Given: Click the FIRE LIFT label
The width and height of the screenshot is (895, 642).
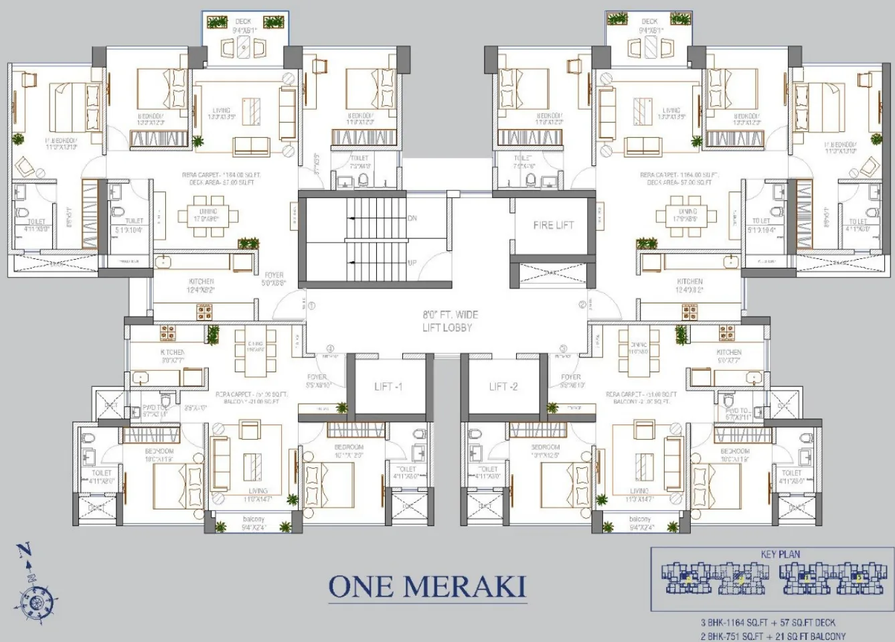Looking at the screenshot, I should tap(553, 225).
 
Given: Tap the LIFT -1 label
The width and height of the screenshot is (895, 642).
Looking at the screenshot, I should tap(388, 386).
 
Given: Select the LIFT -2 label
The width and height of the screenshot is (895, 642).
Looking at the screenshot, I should tap(503, 386).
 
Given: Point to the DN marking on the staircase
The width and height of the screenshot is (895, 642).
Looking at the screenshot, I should tap(412, 218).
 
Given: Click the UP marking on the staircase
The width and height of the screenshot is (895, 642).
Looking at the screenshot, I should tap(412, 262).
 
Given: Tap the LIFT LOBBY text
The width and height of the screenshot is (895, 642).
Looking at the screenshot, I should tap(447, 327).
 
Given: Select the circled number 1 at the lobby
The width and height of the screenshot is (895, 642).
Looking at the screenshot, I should tap(311, 306).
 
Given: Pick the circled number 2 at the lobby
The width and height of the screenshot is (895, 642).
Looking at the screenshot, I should tap(582, 305).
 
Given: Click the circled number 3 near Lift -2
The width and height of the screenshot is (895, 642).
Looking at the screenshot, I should tap(563, 348).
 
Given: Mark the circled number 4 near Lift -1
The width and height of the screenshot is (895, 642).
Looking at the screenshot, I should tap(330, 348).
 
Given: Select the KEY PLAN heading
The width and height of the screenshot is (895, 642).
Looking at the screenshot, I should tap(780, 554).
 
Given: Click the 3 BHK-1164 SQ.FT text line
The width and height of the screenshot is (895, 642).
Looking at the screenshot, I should tap(768, 623).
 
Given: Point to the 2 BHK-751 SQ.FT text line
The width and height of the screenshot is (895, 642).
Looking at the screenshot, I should tap(772, 636).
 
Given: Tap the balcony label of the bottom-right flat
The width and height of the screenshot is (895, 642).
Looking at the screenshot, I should tap(640, 519).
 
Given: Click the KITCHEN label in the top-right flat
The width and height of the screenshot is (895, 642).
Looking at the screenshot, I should tap(689, 281).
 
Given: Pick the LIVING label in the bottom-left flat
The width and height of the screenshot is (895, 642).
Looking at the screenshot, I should tap(258, 491).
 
